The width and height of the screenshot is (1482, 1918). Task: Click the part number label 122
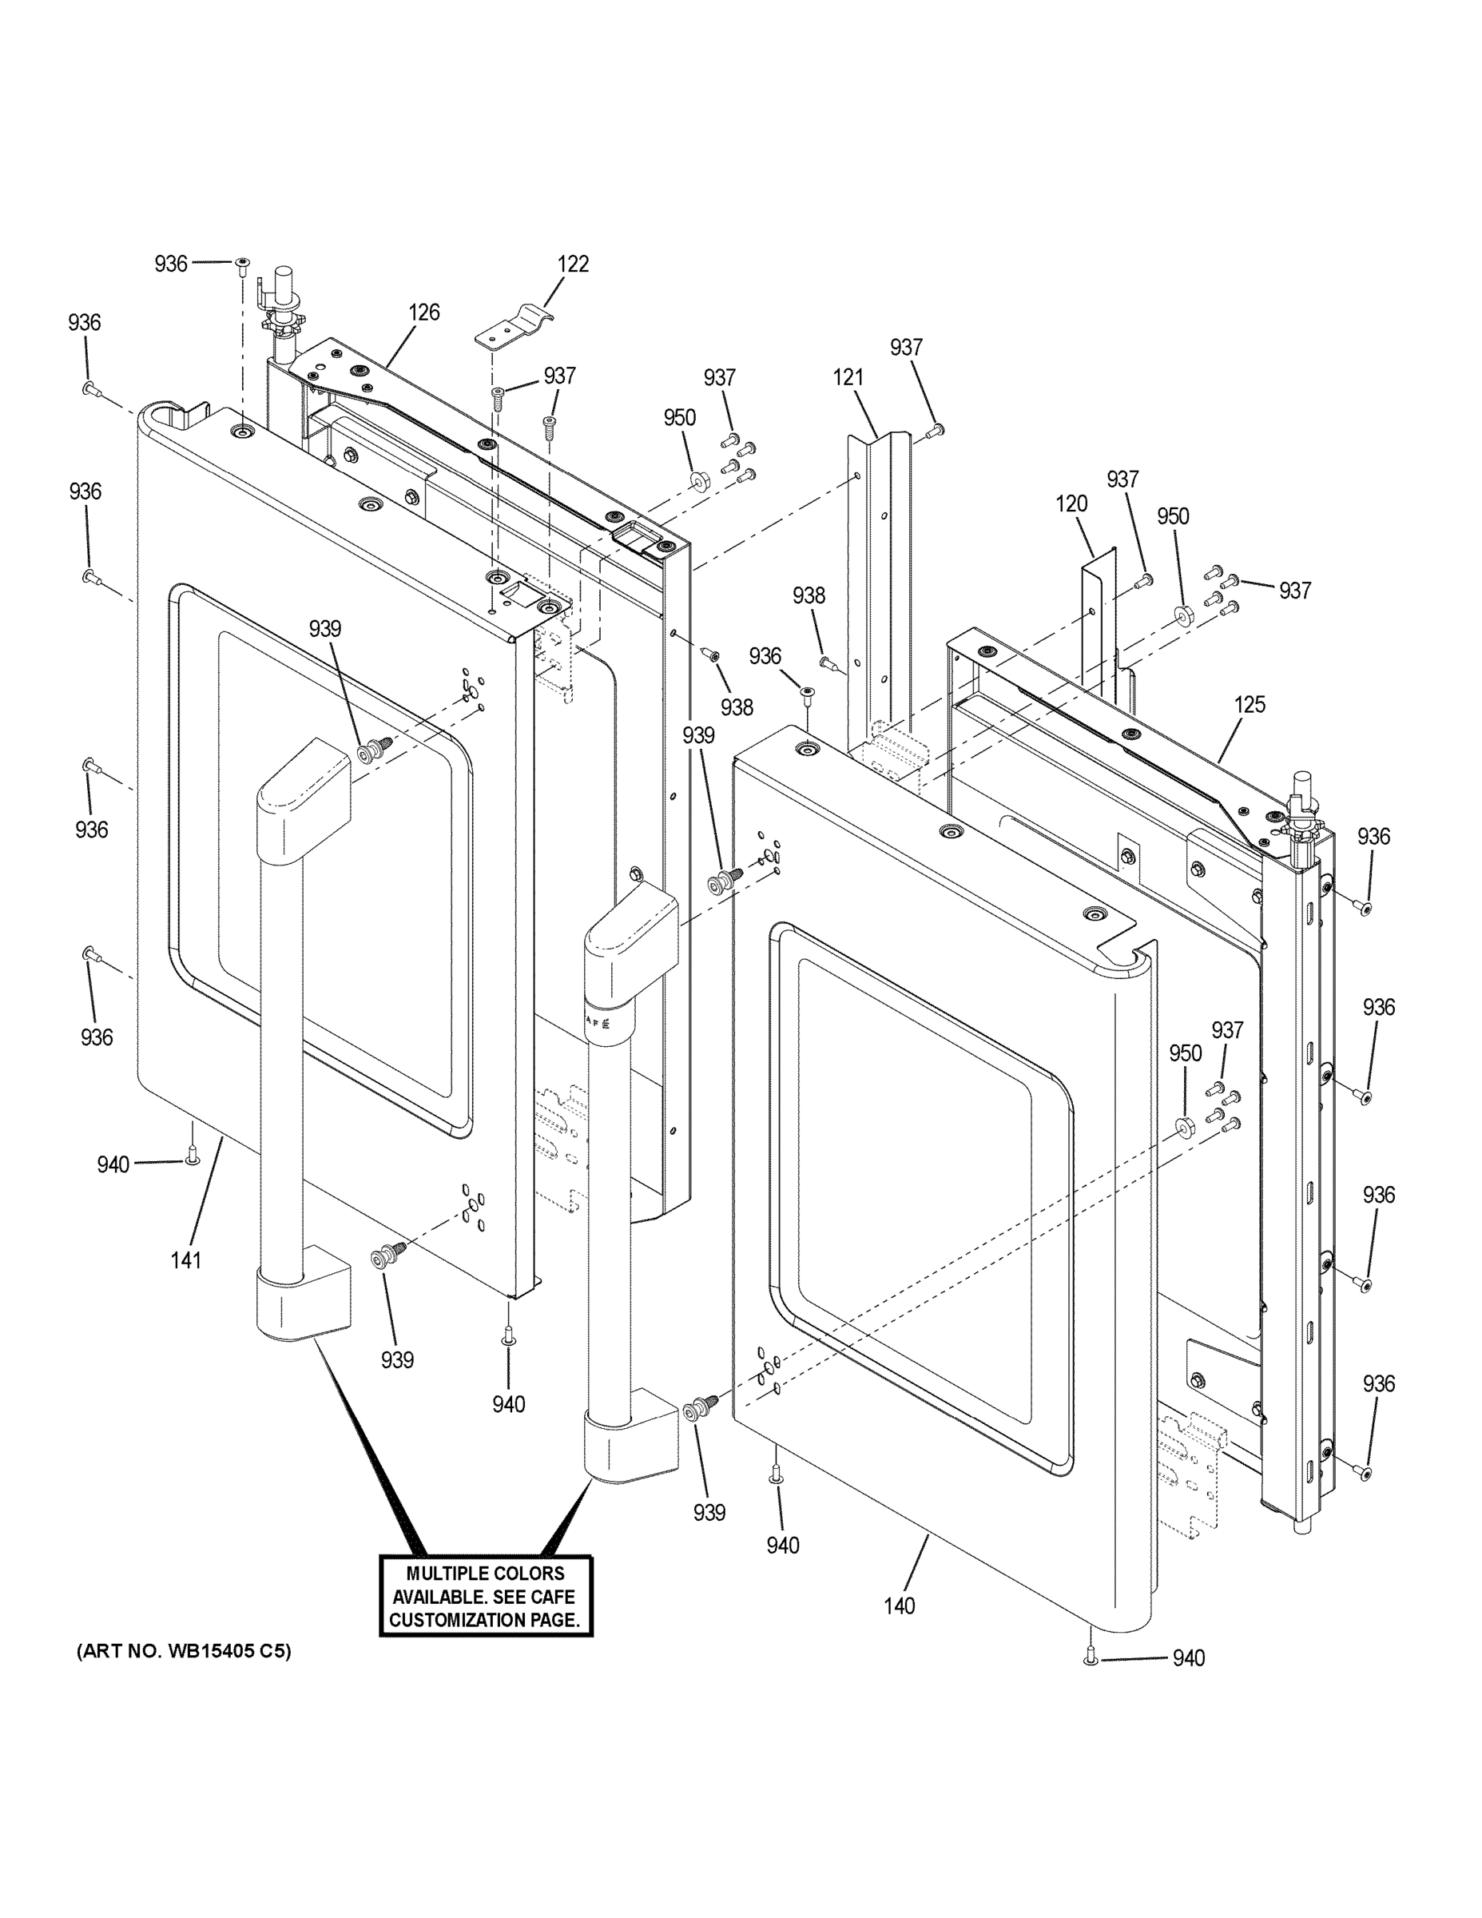(x=573, y=264)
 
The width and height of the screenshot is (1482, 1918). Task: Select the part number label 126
(x=423, y=312)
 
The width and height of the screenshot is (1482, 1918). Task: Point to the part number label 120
(x=1071, y=504)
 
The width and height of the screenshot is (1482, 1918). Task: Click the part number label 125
(x=1250, y=704)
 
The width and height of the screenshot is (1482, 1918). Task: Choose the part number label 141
(x=186, y=1260)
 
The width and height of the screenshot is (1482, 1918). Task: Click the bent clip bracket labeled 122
(x=514, y=327)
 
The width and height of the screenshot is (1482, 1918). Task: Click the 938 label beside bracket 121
(x=808, y=595)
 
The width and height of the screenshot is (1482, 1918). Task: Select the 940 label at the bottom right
(x=1189, y=1658)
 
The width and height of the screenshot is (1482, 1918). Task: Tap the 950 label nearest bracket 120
(x=1172, y=516)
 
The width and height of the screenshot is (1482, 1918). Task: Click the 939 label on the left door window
(x=325, y=629)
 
